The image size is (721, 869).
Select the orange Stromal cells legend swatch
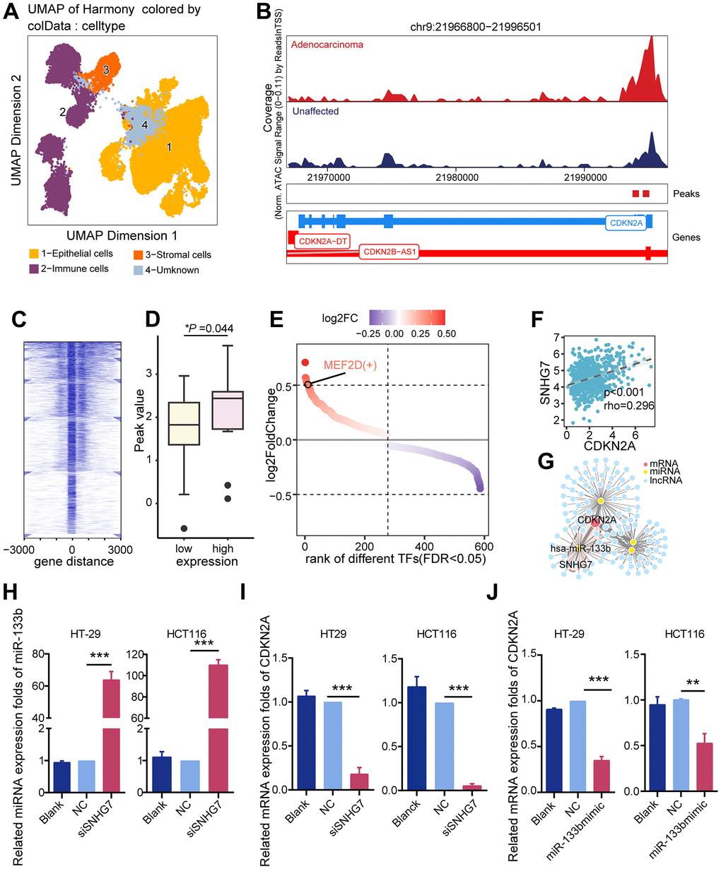tap(139, 254)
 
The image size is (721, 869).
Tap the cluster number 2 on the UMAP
tap(62, 112)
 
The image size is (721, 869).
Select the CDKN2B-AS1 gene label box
tap(389, 252)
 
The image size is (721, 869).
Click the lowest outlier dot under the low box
tap(183, 528)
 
